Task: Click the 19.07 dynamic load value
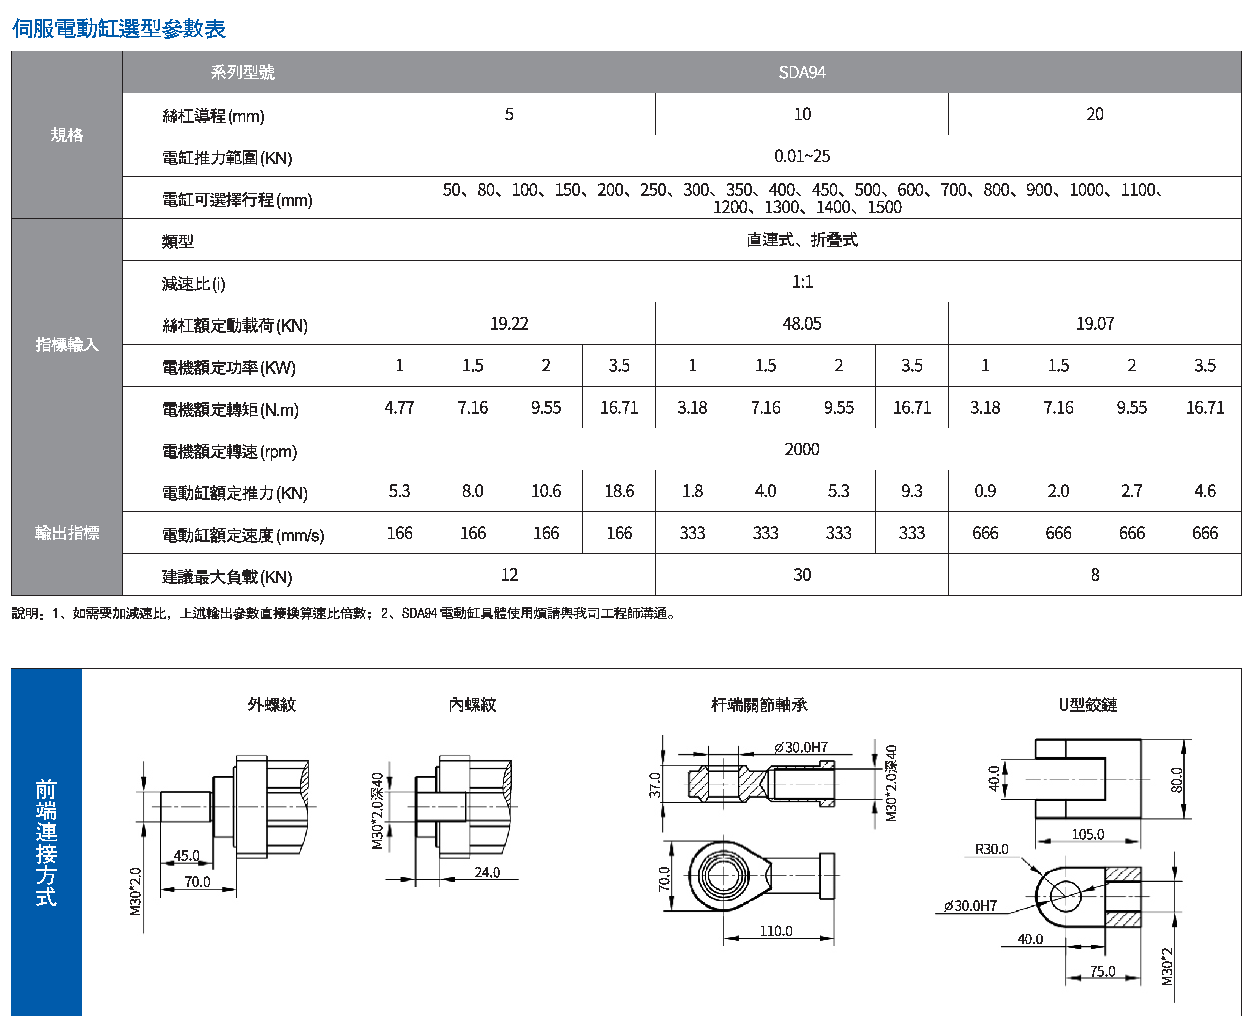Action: click(x=1094, y=324)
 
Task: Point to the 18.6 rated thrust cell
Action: click(x=619, y=492)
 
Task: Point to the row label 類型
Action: click(x=178, y=241)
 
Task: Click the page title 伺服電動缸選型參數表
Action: click(x=119, y=29)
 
